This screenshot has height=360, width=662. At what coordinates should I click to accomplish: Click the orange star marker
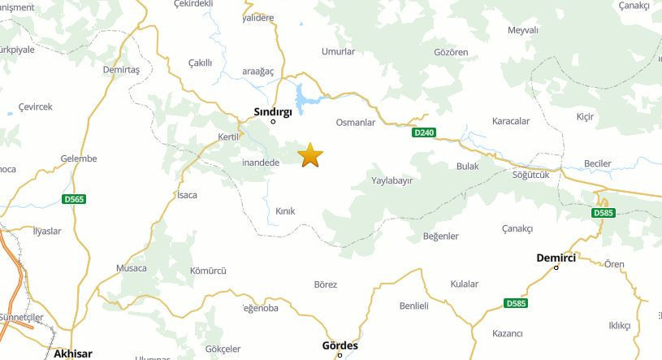(x=310, y=154)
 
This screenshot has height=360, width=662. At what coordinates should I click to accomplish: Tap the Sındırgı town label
(x=273, y=111)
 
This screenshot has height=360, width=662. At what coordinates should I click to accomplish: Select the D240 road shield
(x=424, y=132)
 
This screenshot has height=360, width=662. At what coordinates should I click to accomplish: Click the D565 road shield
(x=74, y=198)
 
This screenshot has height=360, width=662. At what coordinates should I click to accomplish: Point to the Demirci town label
(x=556, y=258)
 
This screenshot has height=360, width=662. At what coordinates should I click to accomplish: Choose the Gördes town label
(x=340, y=345)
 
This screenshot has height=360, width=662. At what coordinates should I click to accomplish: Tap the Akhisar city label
(x=72, y=353)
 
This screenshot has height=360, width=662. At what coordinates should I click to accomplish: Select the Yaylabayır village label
(x=392, y=180)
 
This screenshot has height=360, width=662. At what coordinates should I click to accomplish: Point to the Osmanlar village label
(x=355, y=122)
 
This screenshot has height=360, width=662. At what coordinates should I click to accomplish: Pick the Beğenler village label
(x=441, y=236)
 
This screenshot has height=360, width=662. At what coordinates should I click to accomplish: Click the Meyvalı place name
(x=523, y=30)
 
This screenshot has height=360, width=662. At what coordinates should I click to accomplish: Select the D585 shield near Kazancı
(x=515, y=303)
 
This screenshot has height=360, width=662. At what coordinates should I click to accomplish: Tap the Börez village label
(x=325, y=284)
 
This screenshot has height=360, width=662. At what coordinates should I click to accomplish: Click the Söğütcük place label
(x=531, y=175)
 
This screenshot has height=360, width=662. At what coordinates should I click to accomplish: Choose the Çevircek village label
(x=35, y=106)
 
